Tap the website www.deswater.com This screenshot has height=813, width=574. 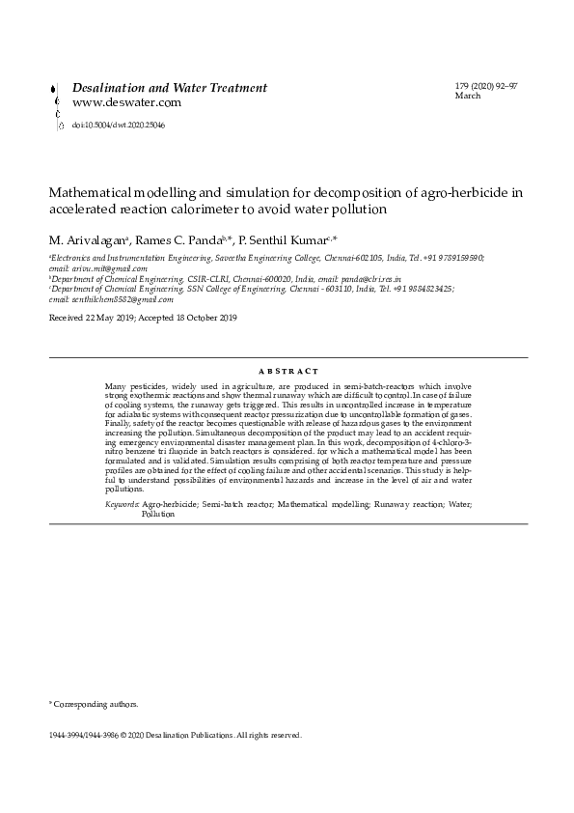click(x=127, y=102)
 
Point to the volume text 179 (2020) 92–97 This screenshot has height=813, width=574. click(x=486, y=87)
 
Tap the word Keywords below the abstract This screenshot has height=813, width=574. click(x=121, y=505)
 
